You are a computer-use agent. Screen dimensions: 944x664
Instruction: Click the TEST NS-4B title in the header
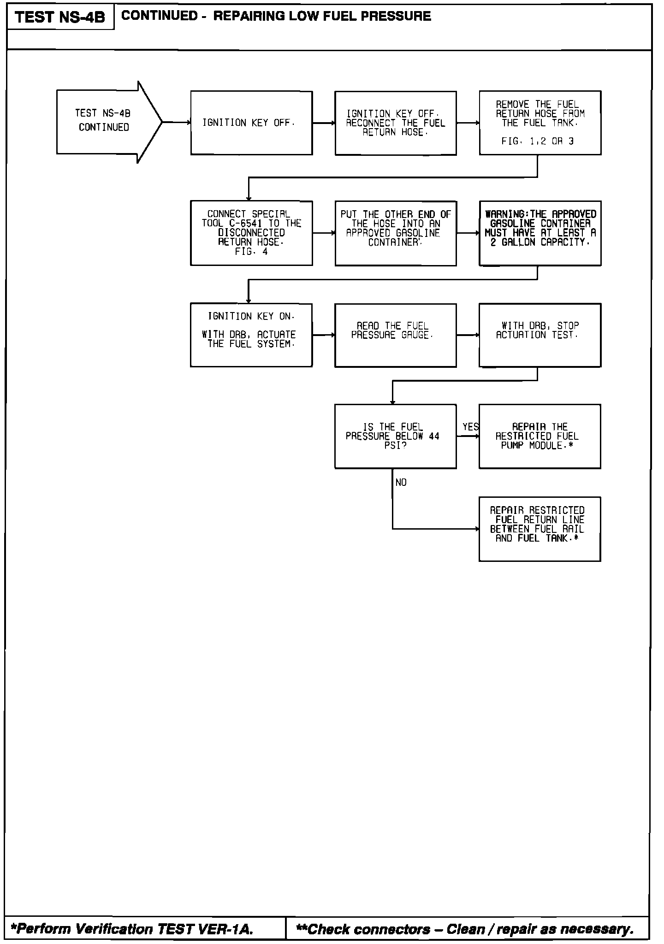tap(60, 18)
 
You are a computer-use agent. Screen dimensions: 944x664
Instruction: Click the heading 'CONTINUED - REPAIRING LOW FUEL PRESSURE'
tap(276, 16)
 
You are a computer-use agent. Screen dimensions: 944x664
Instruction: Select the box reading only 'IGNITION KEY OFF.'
tap(251, 123)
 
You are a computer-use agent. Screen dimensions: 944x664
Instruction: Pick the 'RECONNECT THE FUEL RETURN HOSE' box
tap(396, 123)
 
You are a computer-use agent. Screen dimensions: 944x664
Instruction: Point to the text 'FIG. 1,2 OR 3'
tap(538, 142)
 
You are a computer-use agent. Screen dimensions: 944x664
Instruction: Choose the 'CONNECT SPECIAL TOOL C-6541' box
tap(251, 233)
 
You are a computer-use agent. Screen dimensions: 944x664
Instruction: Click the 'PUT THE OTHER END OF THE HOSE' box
tap(396, 233)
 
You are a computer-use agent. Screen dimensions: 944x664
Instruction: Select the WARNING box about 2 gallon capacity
tap(540, 233)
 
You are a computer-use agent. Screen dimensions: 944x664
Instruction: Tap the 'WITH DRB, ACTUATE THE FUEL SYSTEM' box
tap(251, 335)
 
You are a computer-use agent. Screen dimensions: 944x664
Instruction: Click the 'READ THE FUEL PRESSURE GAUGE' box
tap(396, 335)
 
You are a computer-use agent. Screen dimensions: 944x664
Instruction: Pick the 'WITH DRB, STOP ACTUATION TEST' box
tap(540, 335)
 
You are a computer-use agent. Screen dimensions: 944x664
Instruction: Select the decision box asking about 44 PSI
tap(396, 436)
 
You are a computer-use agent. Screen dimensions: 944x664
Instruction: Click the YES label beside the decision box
tap(471, 427)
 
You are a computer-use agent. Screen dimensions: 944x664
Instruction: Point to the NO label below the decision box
tap(401, 482)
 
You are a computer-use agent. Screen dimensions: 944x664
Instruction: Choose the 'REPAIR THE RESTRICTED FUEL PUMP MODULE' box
tap(540, 436)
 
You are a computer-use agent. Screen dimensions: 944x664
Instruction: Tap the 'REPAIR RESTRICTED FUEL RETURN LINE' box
tap(540, 529)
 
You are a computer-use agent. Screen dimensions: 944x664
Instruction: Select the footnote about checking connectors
tap(465, 929)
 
